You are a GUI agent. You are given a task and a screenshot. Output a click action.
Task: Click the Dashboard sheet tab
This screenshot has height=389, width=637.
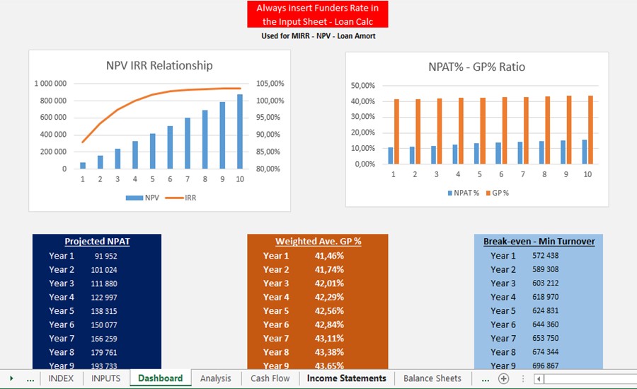160,378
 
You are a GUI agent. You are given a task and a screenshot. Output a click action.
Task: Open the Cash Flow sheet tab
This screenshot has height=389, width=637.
270,378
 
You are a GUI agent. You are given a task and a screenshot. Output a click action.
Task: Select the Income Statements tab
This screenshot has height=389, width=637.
346,378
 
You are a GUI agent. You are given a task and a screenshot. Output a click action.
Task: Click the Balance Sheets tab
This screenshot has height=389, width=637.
432,378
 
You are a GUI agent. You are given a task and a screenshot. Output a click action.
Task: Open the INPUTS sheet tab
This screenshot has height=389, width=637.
105,378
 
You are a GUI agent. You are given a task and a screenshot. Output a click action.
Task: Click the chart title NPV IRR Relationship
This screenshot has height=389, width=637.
159,65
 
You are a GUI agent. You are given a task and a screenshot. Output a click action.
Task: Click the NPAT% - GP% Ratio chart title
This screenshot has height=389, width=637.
476,67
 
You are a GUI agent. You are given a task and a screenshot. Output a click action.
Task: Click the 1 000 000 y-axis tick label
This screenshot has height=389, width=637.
50,84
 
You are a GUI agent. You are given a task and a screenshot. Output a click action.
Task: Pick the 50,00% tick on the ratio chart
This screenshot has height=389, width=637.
362,86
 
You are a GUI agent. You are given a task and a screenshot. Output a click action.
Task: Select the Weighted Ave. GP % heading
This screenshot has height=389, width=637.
318,241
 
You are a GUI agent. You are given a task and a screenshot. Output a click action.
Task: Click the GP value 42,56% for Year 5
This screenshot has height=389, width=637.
329,311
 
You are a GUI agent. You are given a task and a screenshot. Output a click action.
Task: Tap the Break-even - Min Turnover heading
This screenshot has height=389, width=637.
539,241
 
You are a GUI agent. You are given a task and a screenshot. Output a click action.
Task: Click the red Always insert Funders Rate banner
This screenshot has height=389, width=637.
317,14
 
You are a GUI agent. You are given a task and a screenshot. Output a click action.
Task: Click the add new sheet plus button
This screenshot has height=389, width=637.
503,378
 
